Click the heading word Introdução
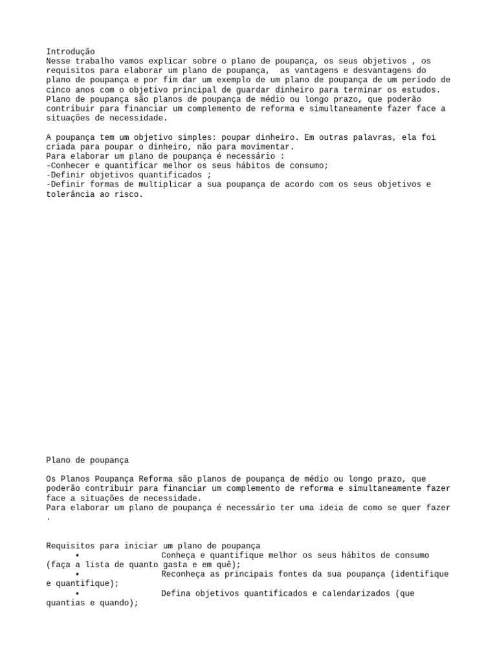pyautogui.click(x=71, y=51)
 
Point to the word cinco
pyautogui.click(x=58, y=89)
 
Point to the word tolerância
pyautogui.click(x=71, y=194)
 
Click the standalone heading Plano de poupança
pyautogui.click(x=87, y=460)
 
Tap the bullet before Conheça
pyautogui.click(x=78, y=556)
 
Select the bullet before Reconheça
pyautogui.click(x=78, y=574)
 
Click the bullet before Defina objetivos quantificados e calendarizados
pyautogui.click(x=78, y=594)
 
